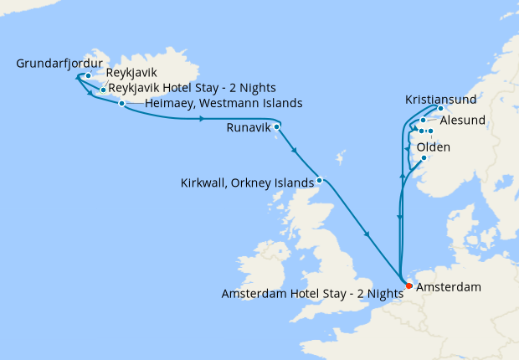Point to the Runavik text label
coord(249,129)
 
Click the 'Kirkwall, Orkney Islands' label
coord(247,182)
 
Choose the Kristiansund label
coord(442,98)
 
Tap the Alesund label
coord(461,121)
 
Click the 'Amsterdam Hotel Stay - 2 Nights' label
coord(312,294)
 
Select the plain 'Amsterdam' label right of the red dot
coord(448,287)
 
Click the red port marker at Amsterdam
coord(409,286)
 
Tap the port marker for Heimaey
coord(122,104)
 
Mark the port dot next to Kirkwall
coord(319,179)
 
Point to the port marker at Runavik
coord(277,126)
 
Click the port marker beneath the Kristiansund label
coord(440,109)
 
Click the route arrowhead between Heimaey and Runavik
coord(202,120)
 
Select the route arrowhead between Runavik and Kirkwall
coord(295,152)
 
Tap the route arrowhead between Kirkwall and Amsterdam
coord(367,234)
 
